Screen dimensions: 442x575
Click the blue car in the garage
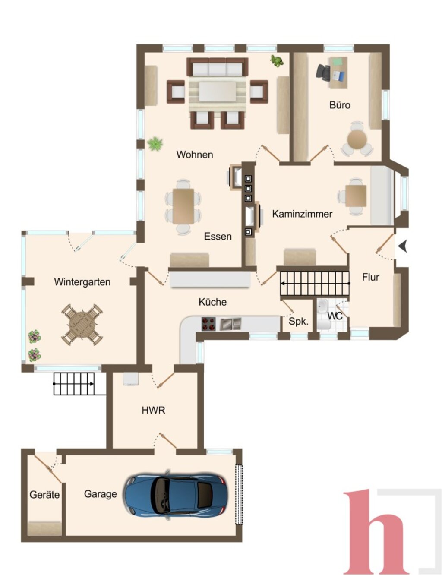coord(176,494)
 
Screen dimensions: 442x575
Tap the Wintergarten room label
coord(82,282)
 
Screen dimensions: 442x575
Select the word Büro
coord(340,105)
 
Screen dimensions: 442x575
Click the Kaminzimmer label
coord(302,214)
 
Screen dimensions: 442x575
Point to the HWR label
coord(153,411)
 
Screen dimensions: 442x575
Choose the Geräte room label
coord(44,495)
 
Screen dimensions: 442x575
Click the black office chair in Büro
coord(323,72)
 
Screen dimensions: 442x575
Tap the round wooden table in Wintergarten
coord(82,324)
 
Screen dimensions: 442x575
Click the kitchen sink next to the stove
coord(230,324)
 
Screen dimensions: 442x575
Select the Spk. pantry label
coord(299,322)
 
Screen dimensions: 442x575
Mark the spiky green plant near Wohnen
coord(155,143)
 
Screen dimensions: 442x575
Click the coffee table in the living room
coord(218,92)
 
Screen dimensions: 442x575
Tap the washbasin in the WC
coord(322,306)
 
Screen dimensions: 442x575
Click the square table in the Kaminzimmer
coord(356,196)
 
